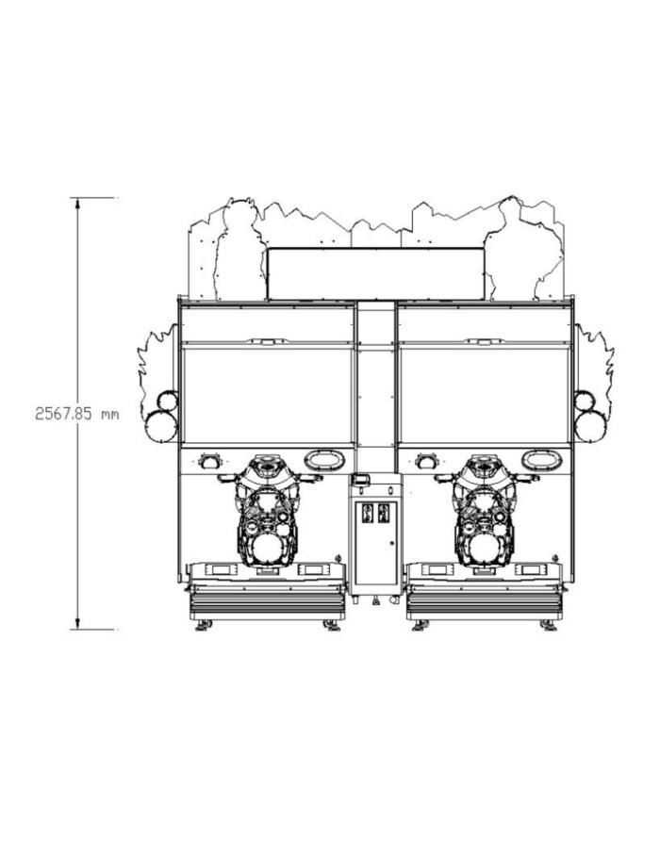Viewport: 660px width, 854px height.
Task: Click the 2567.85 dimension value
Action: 62,414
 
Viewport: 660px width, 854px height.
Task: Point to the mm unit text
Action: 109,415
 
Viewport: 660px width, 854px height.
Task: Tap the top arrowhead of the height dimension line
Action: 77,204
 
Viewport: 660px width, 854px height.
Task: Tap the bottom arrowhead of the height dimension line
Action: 77,624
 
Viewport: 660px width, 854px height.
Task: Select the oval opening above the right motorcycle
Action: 540,460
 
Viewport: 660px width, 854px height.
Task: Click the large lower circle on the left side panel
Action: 161,425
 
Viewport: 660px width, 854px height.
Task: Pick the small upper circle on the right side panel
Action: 584,401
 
